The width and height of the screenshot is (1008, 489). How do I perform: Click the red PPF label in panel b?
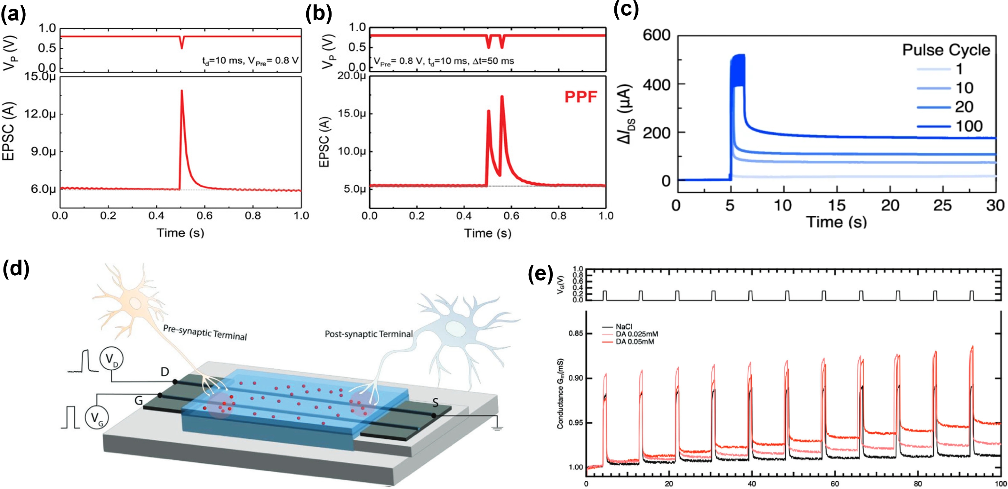pyautogui.click(x=581, y=96)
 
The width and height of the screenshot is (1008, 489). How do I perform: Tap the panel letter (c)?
pyautogui.click(x=626, y=9)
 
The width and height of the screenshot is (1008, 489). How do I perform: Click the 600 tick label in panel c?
pyautogui.click(x=657, y=35)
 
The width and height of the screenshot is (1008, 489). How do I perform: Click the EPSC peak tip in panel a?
pyautogui.click(x=181, y=91)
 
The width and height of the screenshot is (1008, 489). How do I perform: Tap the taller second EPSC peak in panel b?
pyautogui.click(x=502, y=97)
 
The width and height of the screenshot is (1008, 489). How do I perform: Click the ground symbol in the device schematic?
pyautogui.click(x=497, y=429)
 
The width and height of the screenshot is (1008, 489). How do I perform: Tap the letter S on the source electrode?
pyautogui.click(x=436, y=403)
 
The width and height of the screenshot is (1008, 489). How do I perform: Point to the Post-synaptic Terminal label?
pyautogui.click(x=369, y=334)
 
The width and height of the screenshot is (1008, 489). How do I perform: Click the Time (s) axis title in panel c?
pyautogui.click(x=836, y=222)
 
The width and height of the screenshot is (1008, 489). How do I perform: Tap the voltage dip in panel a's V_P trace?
pyautogui.click(x=181, y=43)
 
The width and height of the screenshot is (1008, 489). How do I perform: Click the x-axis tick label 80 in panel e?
pyautogui.click(x=918, y=484)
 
